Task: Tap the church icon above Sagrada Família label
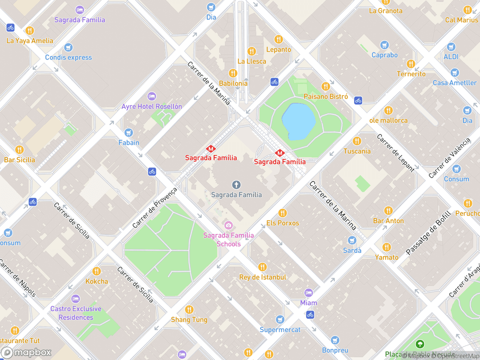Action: coord(236,184)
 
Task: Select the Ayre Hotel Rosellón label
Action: coord(152,107)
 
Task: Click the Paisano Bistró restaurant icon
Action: coord(325,86)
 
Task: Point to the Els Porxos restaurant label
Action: coord(282,223)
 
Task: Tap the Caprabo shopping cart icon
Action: coord(384,45)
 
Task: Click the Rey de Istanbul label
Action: coord(262,277)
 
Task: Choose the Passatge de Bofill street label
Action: coord(428,232)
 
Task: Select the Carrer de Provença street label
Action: coord(155,208)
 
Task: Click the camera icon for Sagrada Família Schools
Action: coord(228,225)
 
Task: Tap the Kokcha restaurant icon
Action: coord(96,271)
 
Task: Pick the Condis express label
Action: coord(68,57)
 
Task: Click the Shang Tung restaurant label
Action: coord(189,320)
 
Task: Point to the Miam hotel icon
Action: coord(308,293)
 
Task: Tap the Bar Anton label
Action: coord(388,221)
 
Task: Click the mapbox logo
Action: coord(26,352)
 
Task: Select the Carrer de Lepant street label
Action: coord(395,152)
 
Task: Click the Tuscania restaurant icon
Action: coord(356,141)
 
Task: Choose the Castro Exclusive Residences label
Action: coord(76,313)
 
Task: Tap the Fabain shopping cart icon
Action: coord(129,133)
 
